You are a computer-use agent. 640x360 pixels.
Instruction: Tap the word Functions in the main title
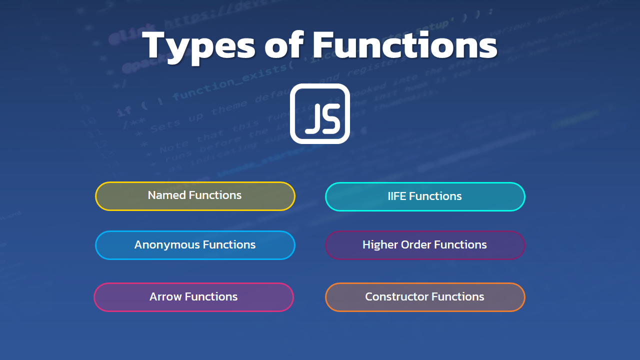[405, 45]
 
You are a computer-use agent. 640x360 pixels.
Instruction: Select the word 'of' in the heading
[283, 45]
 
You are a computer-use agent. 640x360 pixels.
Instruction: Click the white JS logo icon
[320, 113]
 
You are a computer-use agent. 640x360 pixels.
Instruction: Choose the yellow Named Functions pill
[195, 196]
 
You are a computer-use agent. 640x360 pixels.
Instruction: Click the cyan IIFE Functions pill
[425, 196]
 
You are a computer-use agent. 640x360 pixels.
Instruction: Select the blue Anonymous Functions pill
[195, 245]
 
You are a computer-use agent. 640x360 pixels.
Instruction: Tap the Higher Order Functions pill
[425, 245]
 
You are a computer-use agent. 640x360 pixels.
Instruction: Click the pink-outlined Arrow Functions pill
[193, 297]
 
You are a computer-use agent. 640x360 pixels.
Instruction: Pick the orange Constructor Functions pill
[425, 297]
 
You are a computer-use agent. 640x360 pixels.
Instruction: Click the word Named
[164, 195]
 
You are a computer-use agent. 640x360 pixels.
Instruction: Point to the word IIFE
[397, 196]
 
